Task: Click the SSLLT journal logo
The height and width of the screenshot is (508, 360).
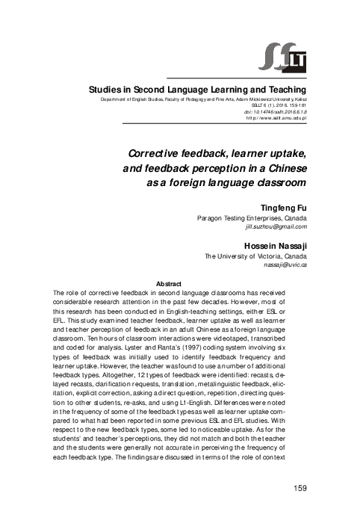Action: [x=289, y=56]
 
